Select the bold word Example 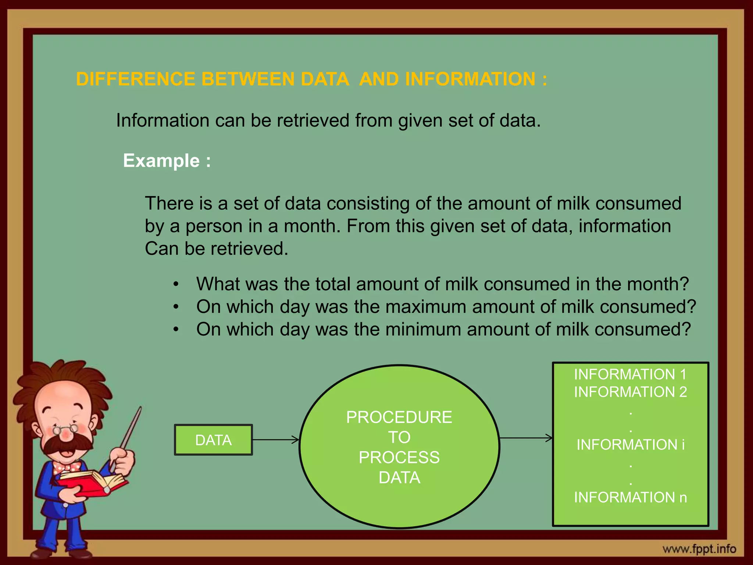161,161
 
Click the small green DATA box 213,440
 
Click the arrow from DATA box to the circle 276,440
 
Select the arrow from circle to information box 526,438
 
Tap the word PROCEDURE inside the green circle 399,417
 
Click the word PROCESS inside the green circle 399,458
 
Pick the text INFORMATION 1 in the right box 630,374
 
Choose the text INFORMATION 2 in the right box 630,392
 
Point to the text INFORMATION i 630,445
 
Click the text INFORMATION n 630,497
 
